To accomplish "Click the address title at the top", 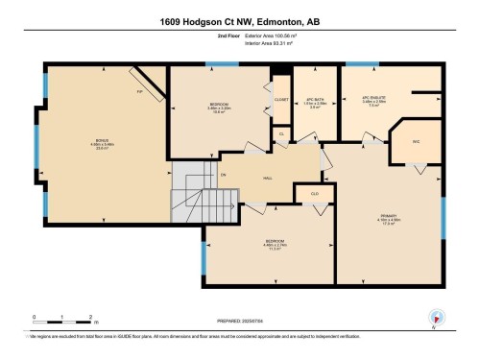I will tap(240, 21).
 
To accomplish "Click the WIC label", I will tap(417, 142).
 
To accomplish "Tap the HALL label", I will tap(270, 178).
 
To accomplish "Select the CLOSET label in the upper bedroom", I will tap(281, 99).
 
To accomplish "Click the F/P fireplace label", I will tap(140, 92).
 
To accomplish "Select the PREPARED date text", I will tap(240, 319).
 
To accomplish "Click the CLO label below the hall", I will tap(314, 194).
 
